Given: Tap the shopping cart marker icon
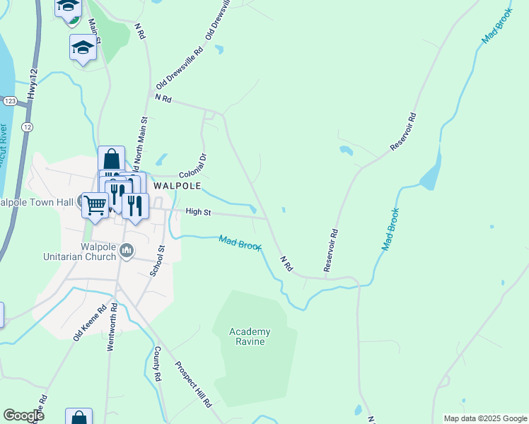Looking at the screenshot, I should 95,205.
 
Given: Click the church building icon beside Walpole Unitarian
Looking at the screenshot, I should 127,249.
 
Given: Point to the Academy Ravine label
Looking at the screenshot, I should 250,336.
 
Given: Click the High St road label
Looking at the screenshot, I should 199,211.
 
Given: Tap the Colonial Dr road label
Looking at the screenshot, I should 192,165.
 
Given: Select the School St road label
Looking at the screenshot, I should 157,261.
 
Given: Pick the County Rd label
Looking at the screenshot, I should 158,363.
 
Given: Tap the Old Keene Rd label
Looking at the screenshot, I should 89,322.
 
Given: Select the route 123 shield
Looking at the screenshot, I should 9,102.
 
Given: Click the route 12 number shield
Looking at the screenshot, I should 26,126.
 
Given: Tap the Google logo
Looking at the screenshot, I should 23,416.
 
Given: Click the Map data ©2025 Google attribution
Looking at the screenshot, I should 484,418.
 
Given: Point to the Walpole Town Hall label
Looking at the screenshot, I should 37,203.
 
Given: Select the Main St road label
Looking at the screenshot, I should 93,32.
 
